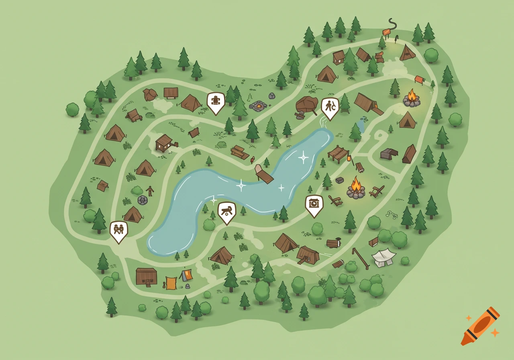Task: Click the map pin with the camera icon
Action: coord(314,203)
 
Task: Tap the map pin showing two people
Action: coord(119,230)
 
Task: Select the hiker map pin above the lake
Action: coord(330,107)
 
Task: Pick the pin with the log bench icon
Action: coord(227,211)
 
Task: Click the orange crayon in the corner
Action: coord(480,326)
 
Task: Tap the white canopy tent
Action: coord(383,257)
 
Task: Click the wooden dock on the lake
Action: coord(264,174)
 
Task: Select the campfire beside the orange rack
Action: coord(412,98)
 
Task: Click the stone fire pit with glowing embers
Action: coord(258,106)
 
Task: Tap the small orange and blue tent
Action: coord(186,275)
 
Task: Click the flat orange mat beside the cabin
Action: coord(171,283)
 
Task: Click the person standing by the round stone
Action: coord(150,191)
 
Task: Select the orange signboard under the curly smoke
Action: coord(386,32)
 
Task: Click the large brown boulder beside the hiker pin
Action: coord(307,104)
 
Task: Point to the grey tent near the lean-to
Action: coord(389,153)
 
